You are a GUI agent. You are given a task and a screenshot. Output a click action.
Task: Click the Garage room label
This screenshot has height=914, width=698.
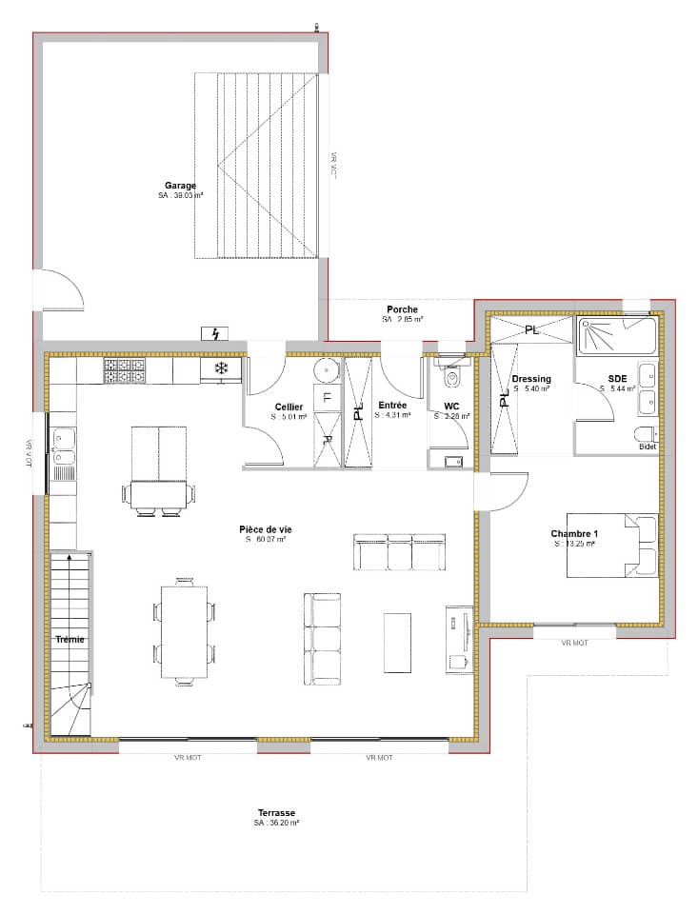[x=180, y=186]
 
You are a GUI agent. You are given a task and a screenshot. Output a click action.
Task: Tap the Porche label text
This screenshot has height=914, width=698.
[x=402, y=309]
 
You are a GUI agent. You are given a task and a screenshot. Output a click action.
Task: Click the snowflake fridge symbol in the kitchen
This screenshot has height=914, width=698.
[x=220, y=368]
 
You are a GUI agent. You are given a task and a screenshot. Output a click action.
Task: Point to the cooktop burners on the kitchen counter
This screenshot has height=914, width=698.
[x=124, y=370]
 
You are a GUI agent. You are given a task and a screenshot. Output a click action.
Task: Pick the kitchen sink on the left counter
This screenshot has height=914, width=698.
[x=63, y=441]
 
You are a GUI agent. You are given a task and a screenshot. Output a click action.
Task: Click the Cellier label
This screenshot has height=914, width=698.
[x=289, y=407]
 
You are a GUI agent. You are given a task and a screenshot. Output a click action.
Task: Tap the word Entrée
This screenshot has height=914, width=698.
[x=391, y=405]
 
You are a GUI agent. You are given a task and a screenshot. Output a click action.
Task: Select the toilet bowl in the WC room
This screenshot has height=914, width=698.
[x=450, y=378]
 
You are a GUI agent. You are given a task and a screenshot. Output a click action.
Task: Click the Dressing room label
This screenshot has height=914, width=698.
[x=530, y=379]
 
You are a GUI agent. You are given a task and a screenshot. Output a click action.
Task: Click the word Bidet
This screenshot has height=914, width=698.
[x=648, y=447]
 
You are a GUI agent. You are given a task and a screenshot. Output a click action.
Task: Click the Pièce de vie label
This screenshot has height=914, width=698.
[x=263, y=528]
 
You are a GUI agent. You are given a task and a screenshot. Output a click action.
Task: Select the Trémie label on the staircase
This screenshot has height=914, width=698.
[x=70, y=640]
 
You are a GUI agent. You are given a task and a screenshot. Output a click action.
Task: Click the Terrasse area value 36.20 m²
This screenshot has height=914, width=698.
[x=277, y=824]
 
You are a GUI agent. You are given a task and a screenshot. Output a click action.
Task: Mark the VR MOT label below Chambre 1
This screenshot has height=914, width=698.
[x=574, y=644]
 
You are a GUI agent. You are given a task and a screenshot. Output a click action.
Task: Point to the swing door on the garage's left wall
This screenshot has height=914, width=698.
[x=59, y=289]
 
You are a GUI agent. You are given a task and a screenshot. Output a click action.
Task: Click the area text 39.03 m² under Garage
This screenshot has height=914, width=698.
[x=180, y=195]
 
